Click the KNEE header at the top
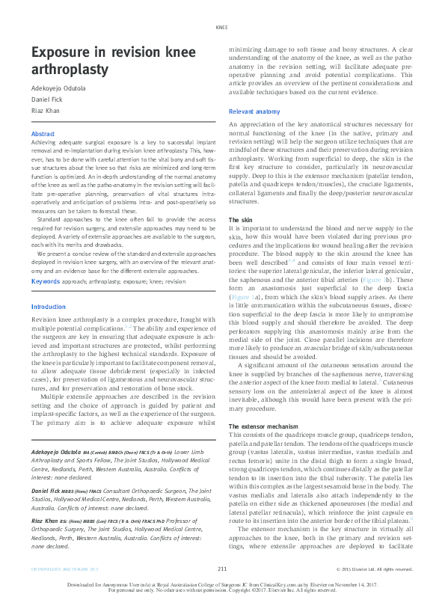(x=221, y=27)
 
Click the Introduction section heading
(x=49, y=307)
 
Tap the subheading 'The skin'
(x=240, y=220)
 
